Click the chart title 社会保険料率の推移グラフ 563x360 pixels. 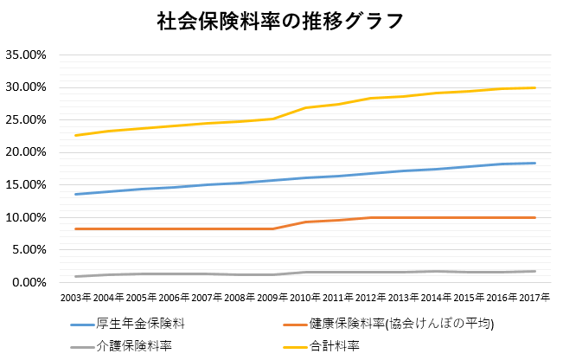coord(281,20)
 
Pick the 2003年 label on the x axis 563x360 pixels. coord(75,297)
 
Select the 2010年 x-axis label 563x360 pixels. coord(307,297)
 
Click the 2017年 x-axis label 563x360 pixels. coord(534,297)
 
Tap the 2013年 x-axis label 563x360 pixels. coord(405,297)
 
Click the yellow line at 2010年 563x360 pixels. coord(306,107)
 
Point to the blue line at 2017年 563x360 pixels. coord(534,163)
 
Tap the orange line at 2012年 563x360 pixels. coord(372,217)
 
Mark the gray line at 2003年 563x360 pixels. coord(76,276)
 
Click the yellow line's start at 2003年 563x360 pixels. coord(76,135)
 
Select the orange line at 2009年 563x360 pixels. coord(273,228)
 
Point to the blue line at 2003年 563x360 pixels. coord(76,194)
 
